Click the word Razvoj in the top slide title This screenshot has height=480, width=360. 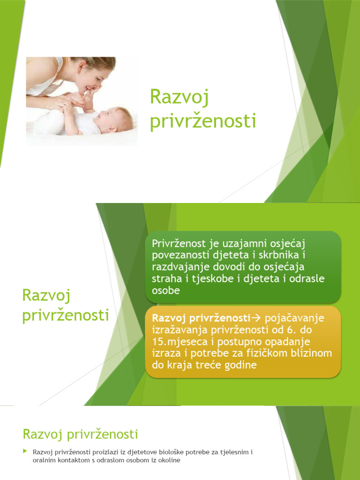tap(179, 98)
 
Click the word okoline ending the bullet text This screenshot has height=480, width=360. tap(169, 460)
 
